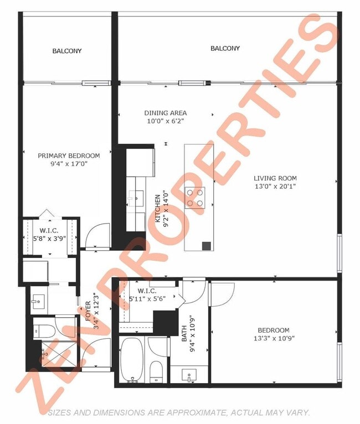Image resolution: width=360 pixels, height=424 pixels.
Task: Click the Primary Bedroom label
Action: point(69,156)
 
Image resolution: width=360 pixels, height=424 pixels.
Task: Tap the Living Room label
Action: point(275,178)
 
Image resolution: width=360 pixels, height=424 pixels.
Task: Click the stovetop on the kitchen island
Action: point(194,197)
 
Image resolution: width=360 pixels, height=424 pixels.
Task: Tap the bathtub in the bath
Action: point(132,359)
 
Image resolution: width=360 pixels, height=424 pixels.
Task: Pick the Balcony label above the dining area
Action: point(225,49)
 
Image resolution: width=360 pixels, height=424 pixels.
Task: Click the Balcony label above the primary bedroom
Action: point(67,51)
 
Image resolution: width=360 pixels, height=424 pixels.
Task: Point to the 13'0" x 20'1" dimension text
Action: point(275,186)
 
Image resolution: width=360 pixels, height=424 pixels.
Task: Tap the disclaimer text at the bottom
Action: point(179,413)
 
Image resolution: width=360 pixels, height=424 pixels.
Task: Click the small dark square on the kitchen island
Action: point(206,245)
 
